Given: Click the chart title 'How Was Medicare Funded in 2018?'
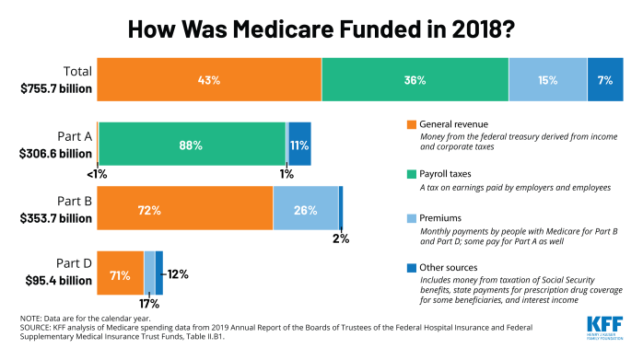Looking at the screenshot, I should click(321, 28).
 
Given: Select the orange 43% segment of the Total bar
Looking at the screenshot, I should click(209, 80).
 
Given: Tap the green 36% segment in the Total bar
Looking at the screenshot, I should click(415, 80).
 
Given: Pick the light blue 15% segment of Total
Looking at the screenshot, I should click(547, 80).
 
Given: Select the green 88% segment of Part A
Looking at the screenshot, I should click(192, 145).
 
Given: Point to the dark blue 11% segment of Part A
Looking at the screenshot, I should click(299, 145).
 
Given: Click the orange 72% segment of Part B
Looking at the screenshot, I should click(184, 210).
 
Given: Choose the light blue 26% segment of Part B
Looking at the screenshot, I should click(305, 210).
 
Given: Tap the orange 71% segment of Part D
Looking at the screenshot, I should click(120, 273).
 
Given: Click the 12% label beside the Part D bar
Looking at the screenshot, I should click(178, 273).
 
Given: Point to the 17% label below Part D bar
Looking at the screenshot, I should click(147, 303).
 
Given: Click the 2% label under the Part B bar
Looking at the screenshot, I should click(341, 238).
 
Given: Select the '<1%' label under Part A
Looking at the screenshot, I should click(97, 173).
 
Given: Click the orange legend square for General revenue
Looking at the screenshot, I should click(411, 124).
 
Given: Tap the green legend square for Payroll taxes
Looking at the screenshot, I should click(411, 172).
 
